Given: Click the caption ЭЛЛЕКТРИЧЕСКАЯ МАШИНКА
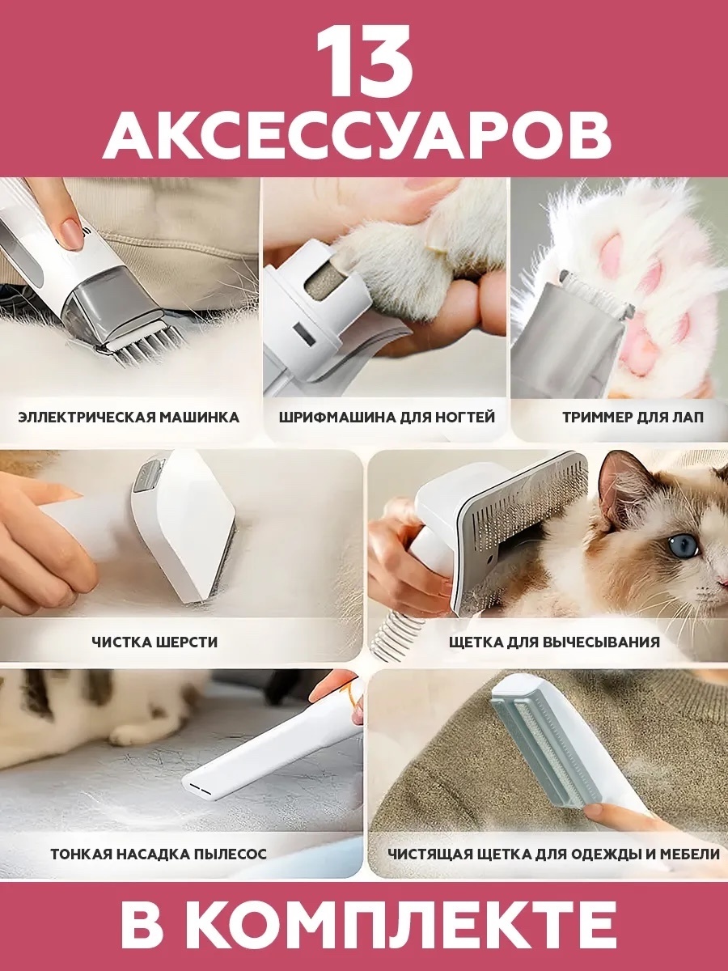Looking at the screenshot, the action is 129,418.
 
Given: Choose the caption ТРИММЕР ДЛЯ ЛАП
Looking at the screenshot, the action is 633,418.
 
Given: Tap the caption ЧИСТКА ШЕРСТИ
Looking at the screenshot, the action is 154,642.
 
